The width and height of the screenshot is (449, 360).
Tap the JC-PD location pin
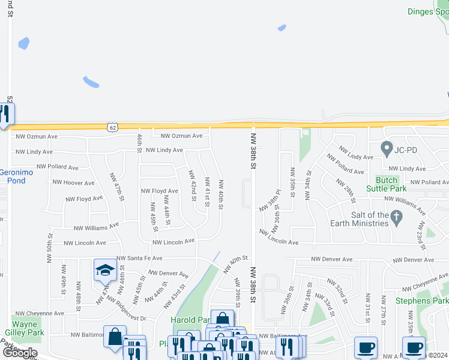point(387,147)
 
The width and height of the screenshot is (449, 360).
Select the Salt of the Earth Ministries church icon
point(396,218)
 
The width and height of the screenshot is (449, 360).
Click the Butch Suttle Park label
point(386,184)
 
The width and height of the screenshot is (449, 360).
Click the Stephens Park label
point(421,301)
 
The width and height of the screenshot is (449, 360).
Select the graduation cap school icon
point(104,270)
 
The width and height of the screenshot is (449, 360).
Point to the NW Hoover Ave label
point(73,182)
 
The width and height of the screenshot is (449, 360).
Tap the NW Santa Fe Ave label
point(139,258)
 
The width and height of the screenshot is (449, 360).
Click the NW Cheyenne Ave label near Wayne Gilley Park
point(40,313)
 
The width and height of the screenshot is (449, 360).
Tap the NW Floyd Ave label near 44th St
point(159,191)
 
